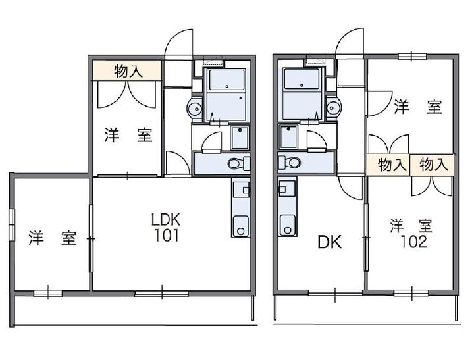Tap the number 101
coord(165,235)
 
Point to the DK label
coord(329,243)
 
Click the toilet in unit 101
coord(236,163)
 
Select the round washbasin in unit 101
coord(196,107)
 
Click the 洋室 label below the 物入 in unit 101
coord(128,136)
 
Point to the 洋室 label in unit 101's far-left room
coord(52,238)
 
